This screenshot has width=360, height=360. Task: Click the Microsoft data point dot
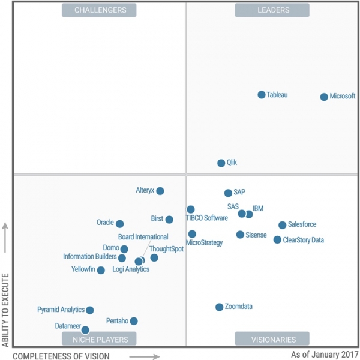(324, 97)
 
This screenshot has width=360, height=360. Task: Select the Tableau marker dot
(262, 95)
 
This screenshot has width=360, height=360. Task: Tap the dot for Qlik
(221, 163)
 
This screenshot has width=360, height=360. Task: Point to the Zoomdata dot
(219, 307)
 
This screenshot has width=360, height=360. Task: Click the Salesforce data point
(282, 225)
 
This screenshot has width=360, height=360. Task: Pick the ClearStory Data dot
(277, 240)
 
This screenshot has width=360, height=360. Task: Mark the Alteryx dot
(160, 191)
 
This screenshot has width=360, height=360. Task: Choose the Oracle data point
(119, 224)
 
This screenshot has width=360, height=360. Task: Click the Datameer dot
(85, 330)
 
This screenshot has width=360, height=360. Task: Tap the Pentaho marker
(133, 321)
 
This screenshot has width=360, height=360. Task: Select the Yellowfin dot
(101, 271)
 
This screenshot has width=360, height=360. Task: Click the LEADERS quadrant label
(272, 10)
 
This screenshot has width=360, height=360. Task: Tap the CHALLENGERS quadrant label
(100, 10)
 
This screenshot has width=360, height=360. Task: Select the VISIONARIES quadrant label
(272, 339)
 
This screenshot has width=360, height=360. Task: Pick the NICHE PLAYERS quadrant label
(100, 339)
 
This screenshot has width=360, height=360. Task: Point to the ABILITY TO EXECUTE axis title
(5, 310)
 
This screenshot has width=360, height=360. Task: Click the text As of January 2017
(325, 355)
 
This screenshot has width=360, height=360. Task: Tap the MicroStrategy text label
(204, 243)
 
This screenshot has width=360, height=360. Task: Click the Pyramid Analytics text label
(61, 310)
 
